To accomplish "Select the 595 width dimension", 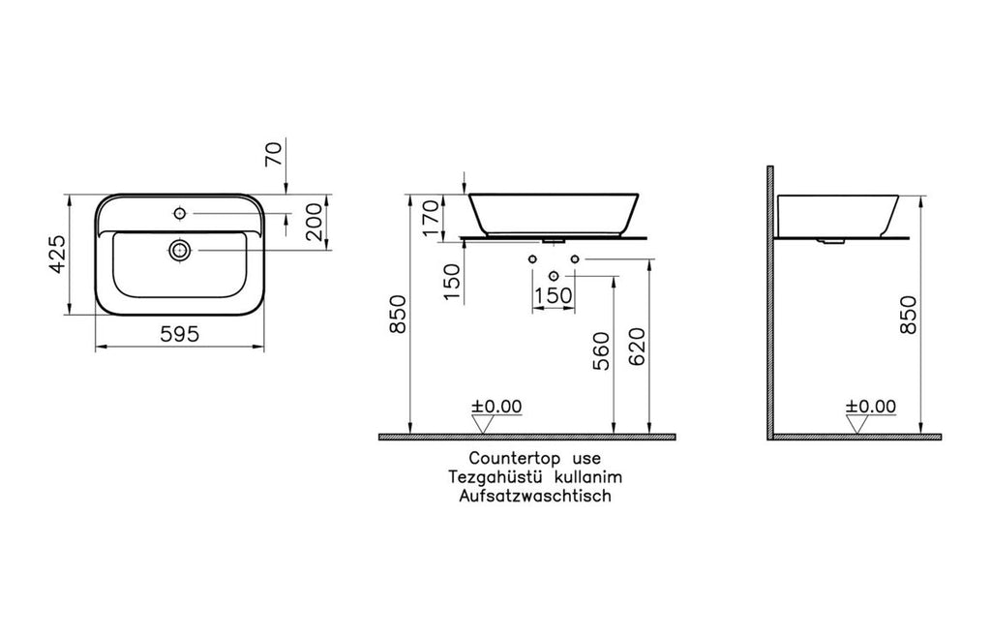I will (180, 334).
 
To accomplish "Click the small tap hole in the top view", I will (180, 210).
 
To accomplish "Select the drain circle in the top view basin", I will (178, 250).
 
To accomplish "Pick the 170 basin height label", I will (431, 218).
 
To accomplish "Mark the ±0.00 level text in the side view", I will (870, 407).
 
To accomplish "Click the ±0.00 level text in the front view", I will (496, 407).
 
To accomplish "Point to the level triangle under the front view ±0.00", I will (483, 424).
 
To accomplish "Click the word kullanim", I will (587, 477).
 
